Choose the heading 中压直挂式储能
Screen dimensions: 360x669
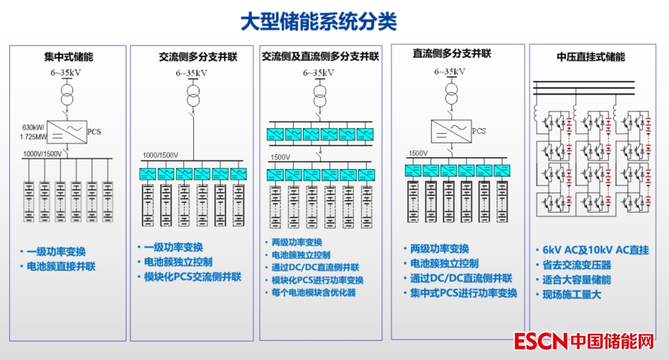click(x=591, y=57)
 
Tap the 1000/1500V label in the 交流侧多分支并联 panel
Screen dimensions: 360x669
click(x=160, y=155)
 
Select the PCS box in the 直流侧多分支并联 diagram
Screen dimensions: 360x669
click(x=450, y=128)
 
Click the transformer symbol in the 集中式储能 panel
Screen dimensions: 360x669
click(x=66, y=94)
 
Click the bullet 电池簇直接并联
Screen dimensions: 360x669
click(x=61, y=266)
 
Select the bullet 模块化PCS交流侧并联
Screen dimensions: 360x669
click(x=193, y=276)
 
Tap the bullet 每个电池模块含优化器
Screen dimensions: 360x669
click(x=314, y=292)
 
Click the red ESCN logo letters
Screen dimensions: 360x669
click(x=541, y=341)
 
